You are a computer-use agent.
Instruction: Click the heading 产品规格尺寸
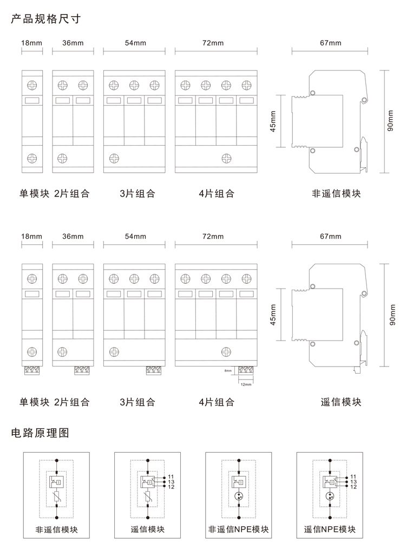[x=46, y=19]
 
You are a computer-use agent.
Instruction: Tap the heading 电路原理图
[x=41, y=433]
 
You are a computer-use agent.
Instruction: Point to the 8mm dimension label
[x=227, y=371]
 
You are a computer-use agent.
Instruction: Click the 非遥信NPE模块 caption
[x=238, y=530]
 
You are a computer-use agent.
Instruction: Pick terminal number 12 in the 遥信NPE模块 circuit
[x=353, y=487]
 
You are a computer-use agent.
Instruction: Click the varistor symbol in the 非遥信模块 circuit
[x=56, y=497]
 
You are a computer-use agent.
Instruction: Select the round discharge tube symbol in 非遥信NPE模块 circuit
[x=238, y=497]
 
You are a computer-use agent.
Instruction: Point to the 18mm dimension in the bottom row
[x=31, y=236]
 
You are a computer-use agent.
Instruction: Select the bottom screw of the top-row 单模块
[x=31, y=158]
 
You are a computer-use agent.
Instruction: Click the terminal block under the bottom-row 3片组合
[x=155, y=371]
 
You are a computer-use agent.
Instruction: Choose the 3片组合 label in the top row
[x=137, y=193]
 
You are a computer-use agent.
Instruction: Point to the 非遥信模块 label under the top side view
[x=336, y=193]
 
